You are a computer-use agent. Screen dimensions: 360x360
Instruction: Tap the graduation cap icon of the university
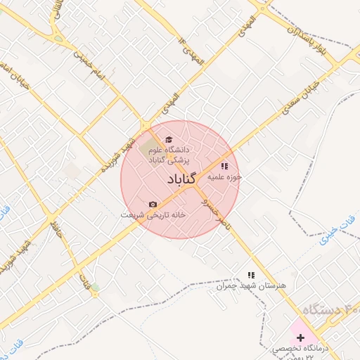168,139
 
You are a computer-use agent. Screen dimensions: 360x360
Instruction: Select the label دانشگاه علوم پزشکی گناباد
168,155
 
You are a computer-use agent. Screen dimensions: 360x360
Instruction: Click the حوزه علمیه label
224,178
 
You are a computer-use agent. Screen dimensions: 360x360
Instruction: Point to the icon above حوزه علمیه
224,167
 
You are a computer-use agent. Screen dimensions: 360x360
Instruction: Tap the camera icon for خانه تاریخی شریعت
153,205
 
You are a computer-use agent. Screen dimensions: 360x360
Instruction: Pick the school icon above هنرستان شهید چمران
250,276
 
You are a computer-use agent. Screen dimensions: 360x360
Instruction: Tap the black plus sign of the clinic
300,337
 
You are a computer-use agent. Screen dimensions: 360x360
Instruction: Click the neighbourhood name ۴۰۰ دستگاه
330,310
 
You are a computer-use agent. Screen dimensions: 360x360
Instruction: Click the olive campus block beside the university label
149,149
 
